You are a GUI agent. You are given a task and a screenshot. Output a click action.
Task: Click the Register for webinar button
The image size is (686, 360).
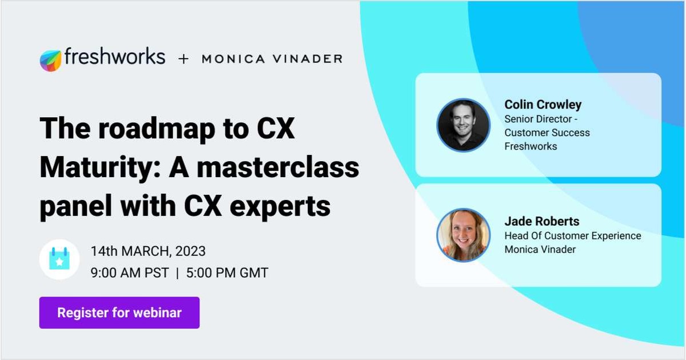tap(119, 313)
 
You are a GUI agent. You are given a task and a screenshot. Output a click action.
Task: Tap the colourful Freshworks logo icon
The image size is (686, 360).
tap(50, 60)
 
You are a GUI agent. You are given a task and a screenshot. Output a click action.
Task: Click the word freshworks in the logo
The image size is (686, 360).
tap(114, 57)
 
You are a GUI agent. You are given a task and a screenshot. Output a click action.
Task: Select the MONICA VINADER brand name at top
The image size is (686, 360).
tap(272, 59)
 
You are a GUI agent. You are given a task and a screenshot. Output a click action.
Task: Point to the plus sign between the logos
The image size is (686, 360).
tap(183, 59)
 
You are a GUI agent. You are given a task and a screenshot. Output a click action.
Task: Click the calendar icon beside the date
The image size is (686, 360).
tap(59, 259)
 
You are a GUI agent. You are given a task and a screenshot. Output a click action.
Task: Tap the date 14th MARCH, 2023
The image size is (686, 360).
tap(148, 251)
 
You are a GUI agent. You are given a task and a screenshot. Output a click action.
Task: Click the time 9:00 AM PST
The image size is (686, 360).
tap(130, 273)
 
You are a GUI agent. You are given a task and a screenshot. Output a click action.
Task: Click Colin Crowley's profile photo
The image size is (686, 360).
tap(463, 125)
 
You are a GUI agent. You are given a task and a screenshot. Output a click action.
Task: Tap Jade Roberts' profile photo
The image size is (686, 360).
tap(463, 235)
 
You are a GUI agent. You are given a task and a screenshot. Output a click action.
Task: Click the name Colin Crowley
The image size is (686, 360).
tap(543, 105)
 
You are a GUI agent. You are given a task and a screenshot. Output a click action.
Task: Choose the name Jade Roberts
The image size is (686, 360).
tap(541, 222)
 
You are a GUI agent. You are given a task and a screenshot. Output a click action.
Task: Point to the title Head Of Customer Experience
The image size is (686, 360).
tap(572, 236)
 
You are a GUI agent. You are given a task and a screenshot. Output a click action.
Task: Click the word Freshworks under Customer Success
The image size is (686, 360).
tap(531, 146)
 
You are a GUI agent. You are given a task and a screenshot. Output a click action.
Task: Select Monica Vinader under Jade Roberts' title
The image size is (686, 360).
tap(540, 249)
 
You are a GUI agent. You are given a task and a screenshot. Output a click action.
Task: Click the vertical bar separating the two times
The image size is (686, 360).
tap(177, 273)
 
